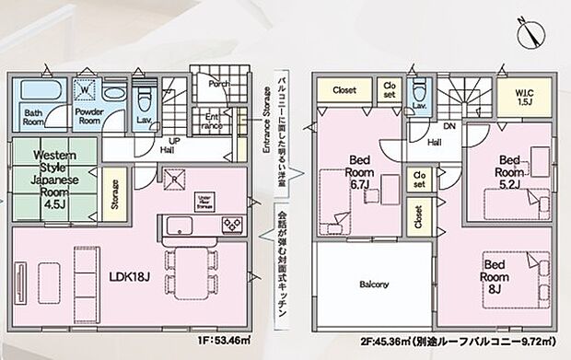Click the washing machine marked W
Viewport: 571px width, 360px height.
[x=86, y=90]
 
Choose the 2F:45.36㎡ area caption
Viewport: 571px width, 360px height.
[x=433, y=351]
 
